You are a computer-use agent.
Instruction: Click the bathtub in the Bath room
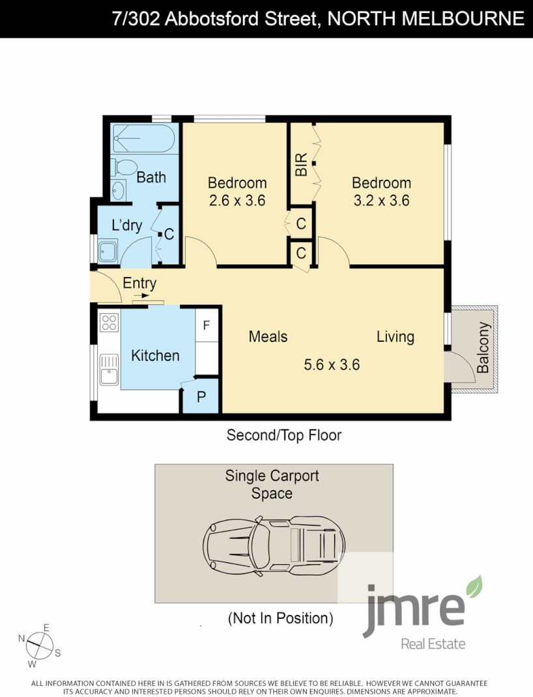[x=143, y=139]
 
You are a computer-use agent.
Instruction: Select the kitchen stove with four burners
[x=109, y=322]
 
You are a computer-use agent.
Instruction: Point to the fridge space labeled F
[x=207, y=325]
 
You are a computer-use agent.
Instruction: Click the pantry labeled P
[x=200, y=397]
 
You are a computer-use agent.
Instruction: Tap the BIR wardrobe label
[x=301, y=165]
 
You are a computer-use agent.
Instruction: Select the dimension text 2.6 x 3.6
[x=237, y=201]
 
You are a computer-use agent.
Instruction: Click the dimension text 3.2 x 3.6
[x=381, y=201]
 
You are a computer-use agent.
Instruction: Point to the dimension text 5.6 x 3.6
[x=332, y=364]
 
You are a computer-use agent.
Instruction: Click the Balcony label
[x=483, y=347]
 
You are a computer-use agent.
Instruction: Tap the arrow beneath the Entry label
[x=141, y=295]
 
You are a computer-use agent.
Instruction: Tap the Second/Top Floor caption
[x=283, y=435]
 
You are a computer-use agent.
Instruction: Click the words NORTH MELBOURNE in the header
[x=425, y=19]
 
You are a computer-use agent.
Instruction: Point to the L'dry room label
[x=126, y=225]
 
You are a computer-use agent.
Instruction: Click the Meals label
[x=268, y=336]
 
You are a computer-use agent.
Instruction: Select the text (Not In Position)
[x=280, y=618]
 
